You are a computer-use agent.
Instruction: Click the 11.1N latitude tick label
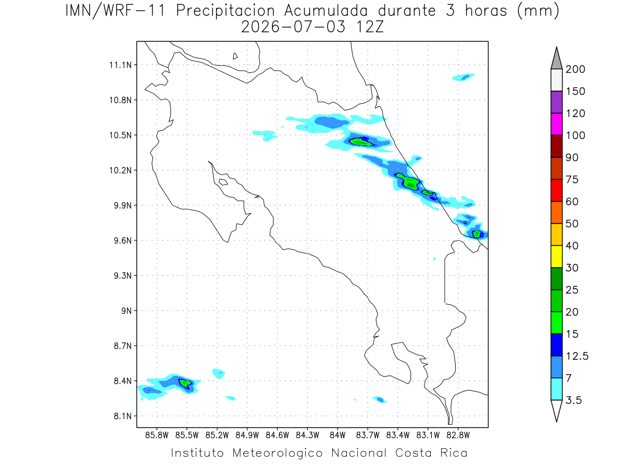[x=120, y=65]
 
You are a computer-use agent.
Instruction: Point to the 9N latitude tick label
[x=127, y=311]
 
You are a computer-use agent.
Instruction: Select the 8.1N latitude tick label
[x=123, y=416]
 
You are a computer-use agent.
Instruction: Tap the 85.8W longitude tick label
[x=157, y=436]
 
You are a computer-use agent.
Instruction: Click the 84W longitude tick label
[x=337, y=436]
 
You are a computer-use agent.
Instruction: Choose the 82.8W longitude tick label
[x=458, y=436]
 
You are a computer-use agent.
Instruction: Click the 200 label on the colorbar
[x=575, y=69]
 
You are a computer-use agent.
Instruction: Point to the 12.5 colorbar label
[x=577, y=356]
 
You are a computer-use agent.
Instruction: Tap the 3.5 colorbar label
[x=573, y=400]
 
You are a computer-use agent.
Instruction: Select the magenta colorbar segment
[x=556, y=124]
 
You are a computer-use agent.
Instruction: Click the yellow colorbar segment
[x=556, y=256]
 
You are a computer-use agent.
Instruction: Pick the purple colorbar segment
[x=556, y=102]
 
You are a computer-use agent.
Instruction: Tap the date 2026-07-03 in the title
[x=293, y=27]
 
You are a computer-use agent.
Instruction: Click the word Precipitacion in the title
[x=226, y=11]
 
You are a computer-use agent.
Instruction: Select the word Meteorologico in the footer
[x=278, y=453]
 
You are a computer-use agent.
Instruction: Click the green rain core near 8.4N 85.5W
[x=185, y=384]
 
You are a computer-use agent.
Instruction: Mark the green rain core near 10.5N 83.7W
[x=361, y=142]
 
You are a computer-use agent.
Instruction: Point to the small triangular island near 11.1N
[x=235, y=56]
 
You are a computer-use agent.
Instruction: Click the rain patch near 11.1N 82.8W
[x=463, y=77]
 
